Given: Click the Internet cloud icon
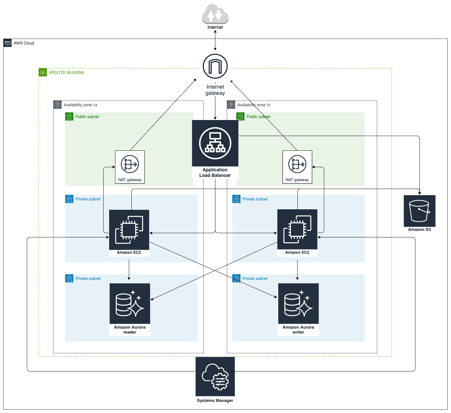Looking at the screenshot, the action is click(215, 14).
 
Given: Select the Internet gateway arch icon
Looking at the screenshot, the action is click(215, 66).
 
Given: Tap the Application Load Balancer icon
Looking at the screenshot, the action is click(215, 143).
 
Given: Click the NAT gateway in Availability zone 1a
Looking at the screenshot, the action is click(130, 167).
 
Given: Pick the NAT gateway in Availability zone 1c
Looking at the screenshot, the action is click(297, 167).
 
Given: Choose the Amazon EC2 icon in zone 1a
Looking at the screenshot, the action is click(129, 230).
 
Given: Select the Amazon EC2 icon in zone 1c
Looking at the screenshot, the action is click(297, 229).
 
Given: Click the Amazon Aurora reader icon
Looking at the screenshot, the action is click(130, 303).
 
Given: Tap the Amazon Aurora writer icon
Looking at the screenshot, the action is click(298, 303).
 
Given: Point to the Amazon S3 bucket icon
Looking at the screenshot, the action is click(420, 211).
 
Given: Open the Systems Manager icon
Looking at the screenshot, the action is click(215, 377).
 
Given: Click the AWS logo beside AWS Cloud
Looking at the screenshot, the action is click(8, 43).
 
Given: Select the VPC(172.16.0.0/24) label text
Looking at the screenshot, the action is click(66, 73).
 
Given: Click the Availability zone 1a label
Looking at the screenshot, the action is click(80, 105).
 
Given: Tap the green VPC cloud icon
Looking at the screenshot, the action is click(43, 72).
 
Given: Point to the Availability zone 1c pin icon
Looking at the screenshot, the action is click(231, 105).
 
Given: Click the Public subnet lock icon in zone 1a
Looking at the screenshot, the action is click(69, 116).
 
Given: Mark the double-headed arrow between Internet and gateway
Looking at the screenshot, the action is click(215, 40).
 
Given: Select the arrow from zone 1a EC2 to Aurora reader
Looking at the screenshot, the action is click(129, 269).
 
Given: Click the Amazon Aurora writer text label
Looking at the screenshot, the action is click(298, 330).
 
